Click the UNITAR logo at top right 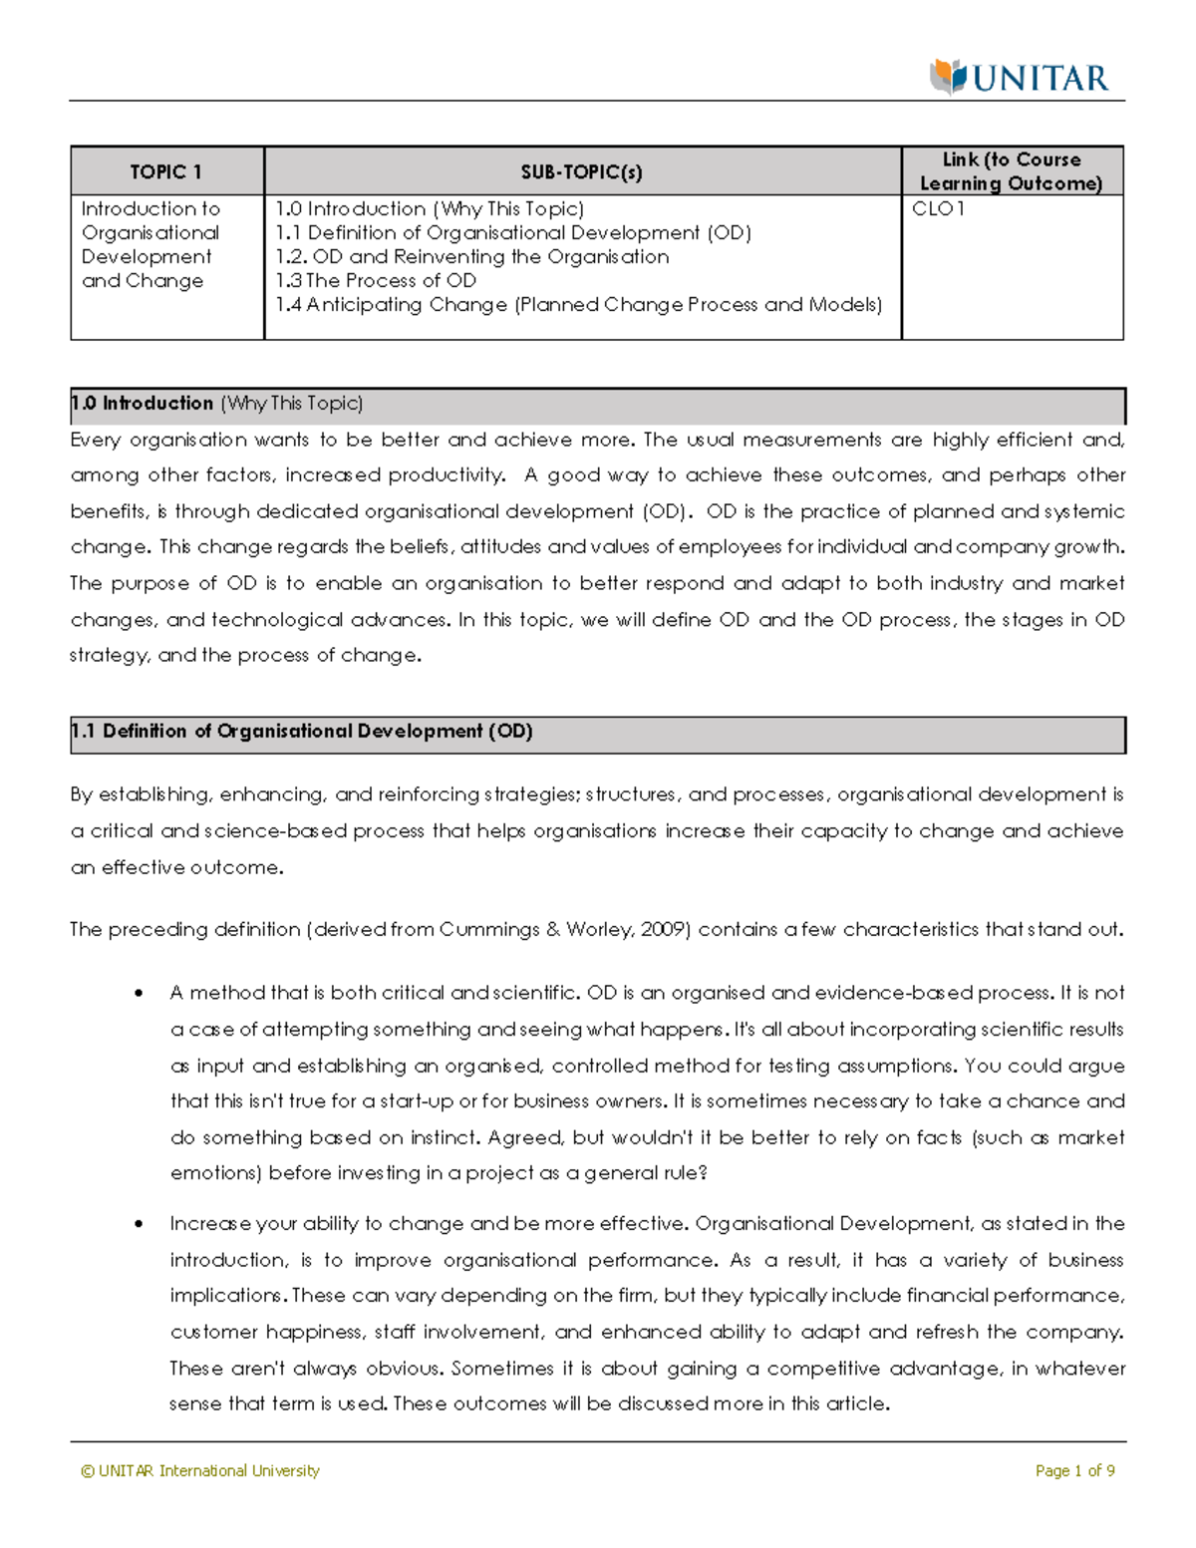(1019, 78)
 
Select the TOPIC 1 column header (166, 172)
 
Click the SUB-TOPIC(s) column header (582, 172)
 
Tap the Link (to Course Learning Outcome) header (1012, 171)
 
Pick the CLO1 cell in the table (938, 209)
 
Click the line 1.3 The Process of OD (376, 281)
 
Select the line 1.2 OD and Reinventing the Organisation (472, 257)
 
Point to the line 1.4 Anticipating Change (578, 305)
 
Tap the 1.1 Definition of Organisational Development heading (302, 732)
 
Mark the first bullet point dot (140, 994)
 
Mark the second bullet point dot (140, 1224)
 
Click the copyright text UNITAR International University (200, 1471)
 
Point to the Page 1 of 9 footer (1074, 1471)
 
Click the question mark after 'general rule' (703, 1173)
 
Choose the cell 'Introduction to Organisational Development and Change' (150, 245)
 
